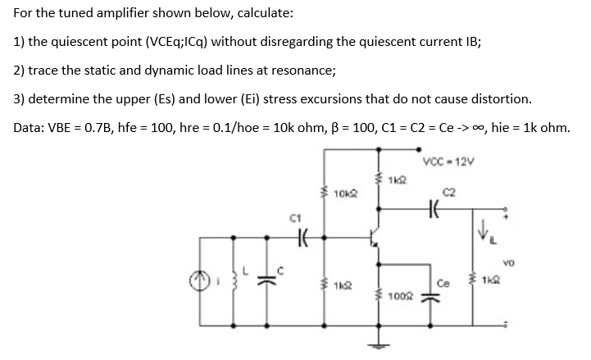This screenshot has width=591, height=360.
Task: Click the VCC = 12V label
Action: [446, 159]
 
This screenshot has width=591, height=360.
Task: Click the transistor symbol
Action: [375, 238]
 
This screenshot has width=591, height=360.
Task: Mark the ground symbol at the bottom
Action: [379, 347]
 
